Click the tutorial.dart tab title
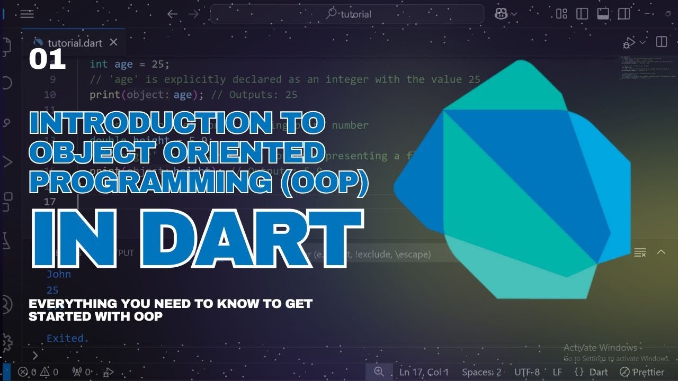pyautogui.click(x=75, y=43)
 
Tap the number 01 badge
pyautogui.click(x=47, y=60)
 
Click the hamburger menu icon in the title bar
pyautogui.click(x=27, y=14)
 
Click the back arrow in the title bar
pyautogui.click(x=173, y=14)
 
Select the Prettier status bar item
pyautogui.click(x=642, y=372)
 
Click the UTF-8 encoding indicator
pyautogui.click(x=527, y=372)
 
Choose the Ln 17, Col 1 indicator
pyautogui.click(x=424, y=372)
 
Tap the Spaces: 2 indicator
pyautogui.click(x=481, y=372)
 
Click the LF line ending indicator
pyautogui.click(x=557, y=372)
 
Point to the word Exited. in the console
pyautogui.click(x=68, y=338)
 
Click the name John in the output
pyautogui.click(x=59, y=274)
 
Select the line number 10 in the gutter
pyautogui.click(x=50, y=95)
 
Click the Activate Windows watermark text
pyautogui.click(x=600, y=348)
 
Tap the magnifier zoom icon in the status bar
pyautogui.click(x=379, y=371)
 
